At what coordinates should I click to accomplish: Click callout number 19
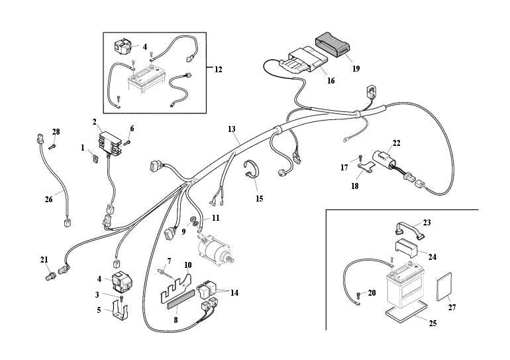click(x=356, y=68)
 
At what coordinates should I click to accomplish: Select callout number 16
click(x=331, y=81)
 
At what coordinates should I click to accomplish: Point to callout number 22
click(x=396, y=143)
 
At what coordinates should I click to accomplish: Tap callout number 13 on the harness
click(x=231, y=129)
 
